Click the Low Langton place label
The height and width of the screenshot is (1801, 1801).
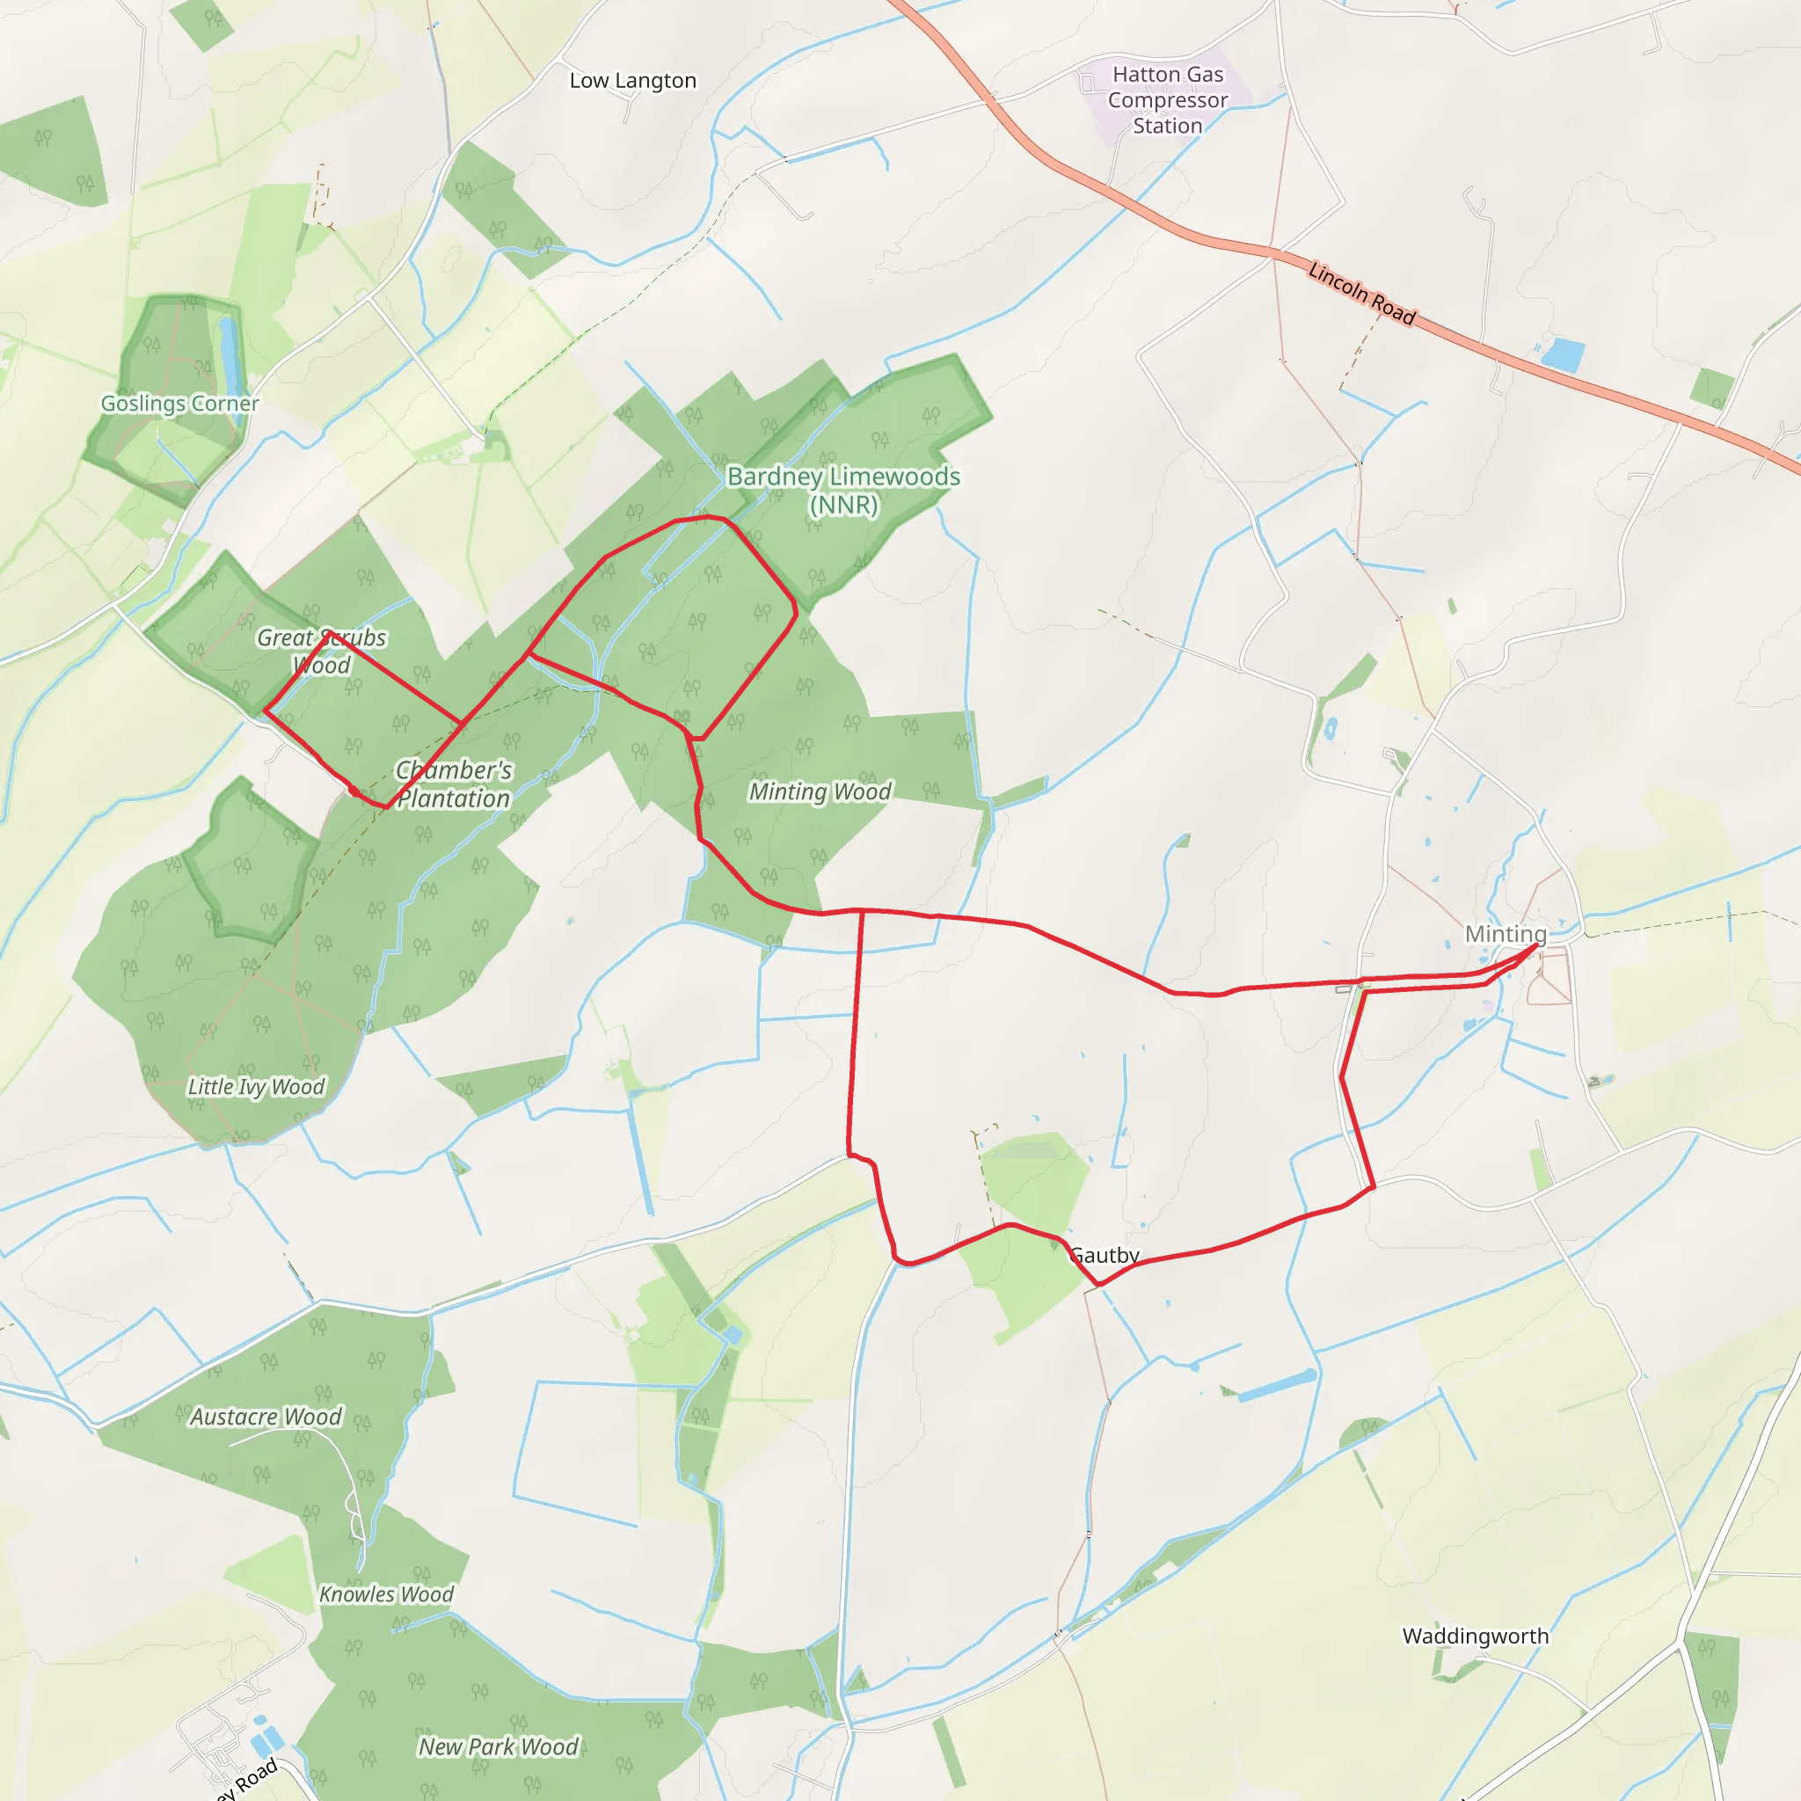632,81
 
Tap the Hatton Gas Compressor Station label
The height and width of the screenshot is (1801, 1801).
1167,99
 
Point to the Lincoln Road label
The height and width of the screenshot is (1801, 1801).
1361,294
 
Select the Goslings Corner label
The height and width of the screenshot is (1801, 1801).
180,404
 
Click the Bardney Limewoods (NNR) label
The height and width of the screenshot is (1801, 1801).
843,491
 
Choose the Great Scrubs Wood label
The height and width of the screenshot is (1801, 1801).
322,652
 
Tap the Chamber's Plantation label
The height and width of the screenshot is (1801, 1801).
454,784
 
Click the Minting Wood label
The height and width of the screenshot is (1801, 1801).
820,791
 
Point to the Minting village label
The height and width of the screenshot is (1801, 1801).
1506,934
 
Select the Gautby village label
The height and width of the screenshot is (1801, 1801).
1105,1255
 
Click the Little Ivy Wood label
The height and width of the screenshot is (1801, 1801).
257,1087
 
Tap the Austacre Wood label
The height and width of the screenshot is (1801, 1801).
266,1417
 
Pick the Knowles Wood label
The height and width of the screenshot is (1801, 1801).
386,1594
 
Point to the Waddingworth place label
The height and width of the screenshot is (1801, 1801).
1476,1636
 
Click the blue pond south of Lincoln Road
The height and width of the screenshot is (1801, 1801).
1564,355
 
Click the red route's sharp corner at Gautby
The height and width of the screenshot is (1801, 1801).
1100,1285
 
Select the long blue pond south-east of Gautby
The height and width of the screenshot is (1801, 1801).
1277,1385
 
